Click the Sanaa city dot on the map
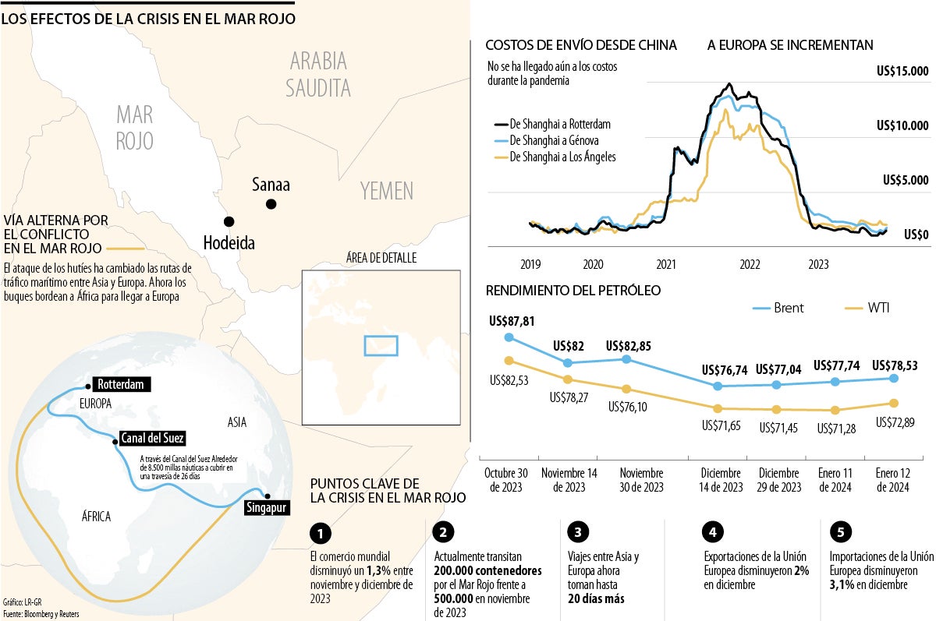tap(271, 204)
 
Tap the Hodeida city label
tap(229, 242)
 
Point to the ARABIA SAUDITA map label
tap(317, 74)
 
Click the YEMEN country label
tap(387, 190)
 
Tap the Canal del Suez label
tap(152, 438)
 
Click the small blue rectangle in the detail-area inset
tap(381, 345)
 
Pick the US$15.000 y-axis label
tap(902, 72)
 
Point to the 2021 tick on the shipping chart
tap(666, 263)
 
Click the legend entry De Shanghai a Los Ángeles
tap(562, 157)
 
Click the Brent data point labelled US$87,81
tap(509, 337)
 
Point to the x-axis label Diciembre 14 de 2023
tap(721, 480)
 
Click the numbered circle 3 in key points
tap(578, 533)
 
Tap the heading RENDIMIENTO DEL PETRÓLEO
tap(573, 291)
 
